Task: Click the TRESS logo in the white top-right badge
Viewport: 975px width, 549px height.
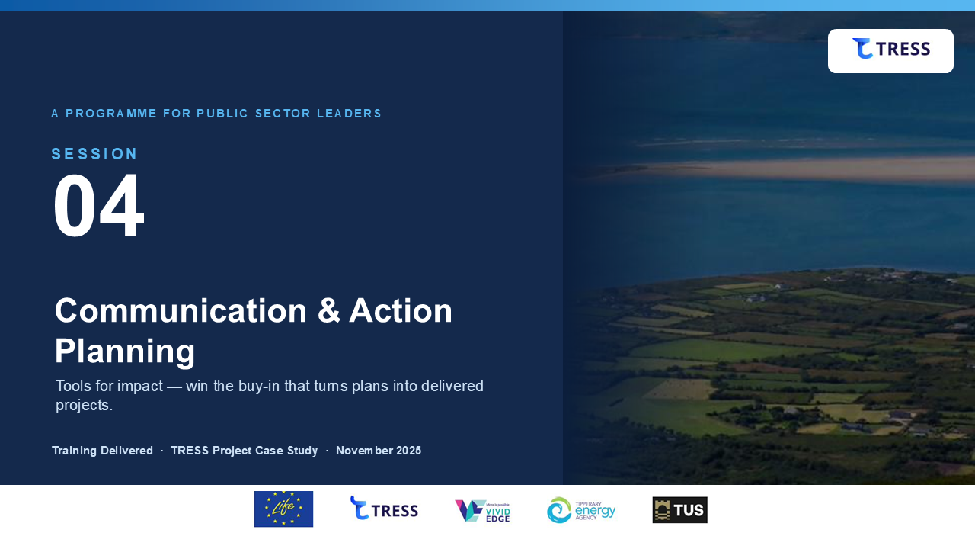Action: coord(891,48)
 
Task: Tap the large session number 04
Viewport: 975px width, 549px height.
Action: coord(98,205)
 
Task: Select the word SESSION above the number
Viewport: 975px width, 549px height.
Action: coord(94,154)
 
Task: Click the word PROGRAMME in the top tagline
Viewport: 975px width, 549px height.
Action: coord(111,114)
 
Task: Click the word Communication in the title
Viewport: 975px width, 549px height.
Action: coord(181,310)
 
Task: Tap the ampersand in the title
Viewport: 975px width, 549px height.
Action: coord(328,310)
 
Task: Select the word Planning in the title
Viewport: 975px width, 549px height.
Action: coord(125,352)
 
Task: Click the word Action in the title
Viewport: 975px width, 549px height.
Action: coord(401,310)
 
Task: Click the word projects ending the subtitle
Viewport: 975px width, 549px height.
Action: coord(82,405)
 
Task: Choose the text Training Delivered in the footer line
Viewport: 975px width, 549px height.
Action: coord(102,451)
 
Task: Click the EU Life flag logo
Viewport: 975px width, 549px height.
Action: coord(283,509)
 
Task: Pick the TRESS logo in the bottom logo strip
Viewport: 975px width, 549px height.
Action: coord(384,509)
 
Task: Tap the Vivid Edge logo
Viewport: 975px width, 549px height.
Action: coord(482,511)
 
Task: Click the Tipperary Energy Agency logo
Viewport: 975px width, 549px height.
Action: coord(581,510)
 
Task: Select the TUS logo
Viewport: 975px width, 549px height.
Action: coord(680,510)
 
